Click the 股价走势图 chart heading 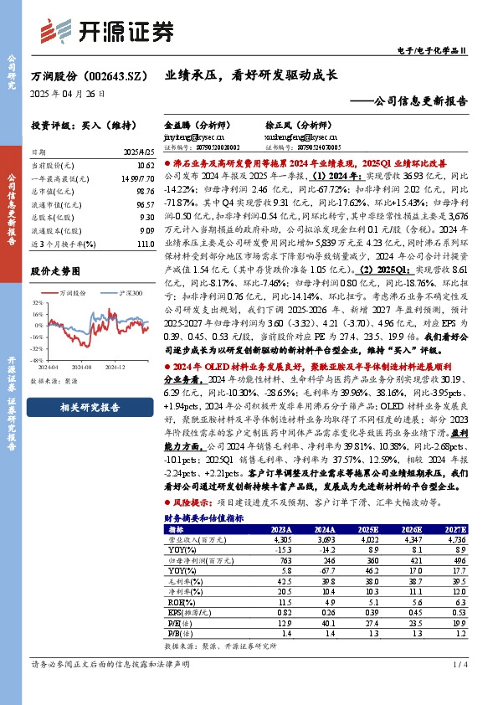pyautogui.click(x=57, y=272)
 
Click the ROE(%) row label pyautogui.click(x=179, y=600)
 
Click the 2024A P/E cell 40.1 pyautogui.click(x=326, y=624)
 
